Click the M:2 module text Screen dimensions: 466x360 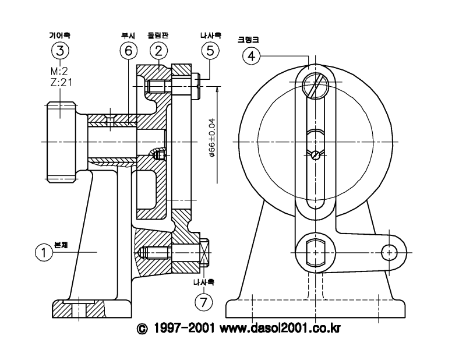(59, 70)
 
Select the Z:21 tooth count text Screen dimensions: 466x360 (62, 82)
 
